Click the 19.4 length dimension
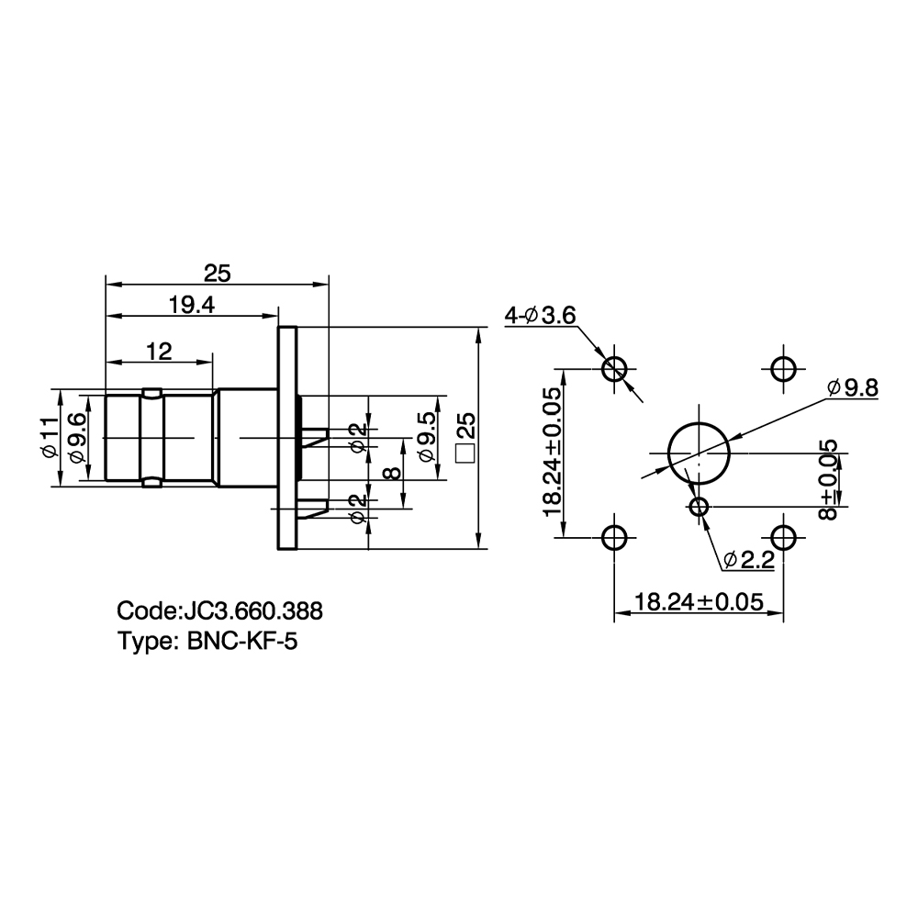click(x=192, y=305)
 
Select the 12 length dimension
click(x=159, y=352)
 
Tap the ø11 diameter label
click(x=50, y=437)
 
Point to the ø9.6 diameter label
click(x=78, y=438)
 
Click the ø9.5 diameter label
click(x=428, y=437)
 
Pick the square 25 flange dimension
click(x=466, y=438)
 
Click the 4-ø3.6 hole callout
click(x=541, y=316)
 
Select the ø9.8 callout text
click(x=853, y=387)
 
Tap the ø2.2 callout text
click(x=749, y=560)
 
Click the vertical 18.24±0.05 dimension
click(x=553, y=452)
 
